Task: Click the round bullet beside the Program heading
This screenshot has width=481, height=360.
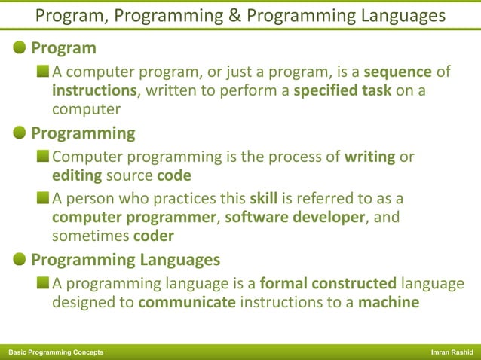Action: (x=20, y=48)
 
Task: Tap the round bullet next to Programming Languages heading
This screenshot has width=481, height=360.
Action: (x=20, y=261)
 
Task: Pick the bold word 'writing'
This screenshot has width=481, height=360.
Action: (x=369, y=157)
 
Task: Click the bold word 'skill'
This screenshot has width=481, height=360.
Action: (x=265, y=200)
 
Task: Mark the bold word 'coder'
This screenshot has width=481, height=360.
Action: (x=154, y=236)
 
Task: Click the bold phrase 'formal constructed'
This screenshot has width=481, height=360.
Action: (x=328, y=284)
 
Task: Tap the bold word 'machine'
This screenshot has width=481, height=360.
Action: (x=389, y=303)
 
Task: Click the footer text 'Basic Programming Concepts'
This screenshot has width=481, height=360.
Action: (x=56, y=352)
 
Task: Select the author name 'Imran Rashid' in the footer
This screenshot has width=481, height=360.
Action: (x=452, y=352)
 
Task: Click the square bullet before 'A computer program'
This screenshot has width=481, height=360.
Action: (x=44, y=72)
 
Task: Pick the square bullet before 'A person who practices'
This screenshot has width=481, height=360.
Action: (x=44, y=200)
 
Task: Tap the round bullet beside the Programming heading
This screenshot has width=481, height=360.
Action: (x=20, y=133)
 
